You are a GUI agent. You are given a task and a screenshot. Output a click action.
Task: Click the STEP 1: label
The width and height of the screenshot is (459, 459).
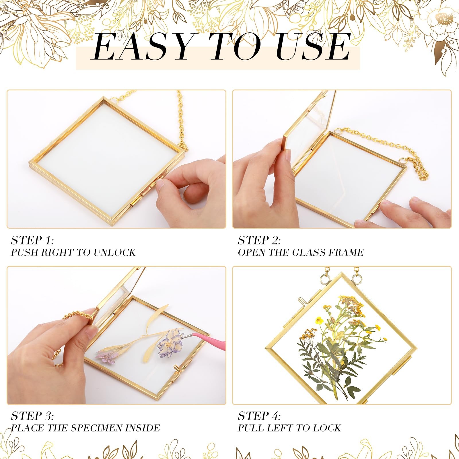pyautogui.click(x=32, y=240)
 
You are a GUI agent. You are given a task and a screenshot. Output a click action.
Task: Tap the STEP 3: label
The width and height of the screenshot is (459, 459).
pyautogui.click(x=32, y=416)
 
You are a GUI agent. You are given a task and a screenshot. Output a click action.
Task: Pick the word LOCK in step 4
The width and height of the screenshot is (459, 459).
pyautogui.click(x=327, y=428)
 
